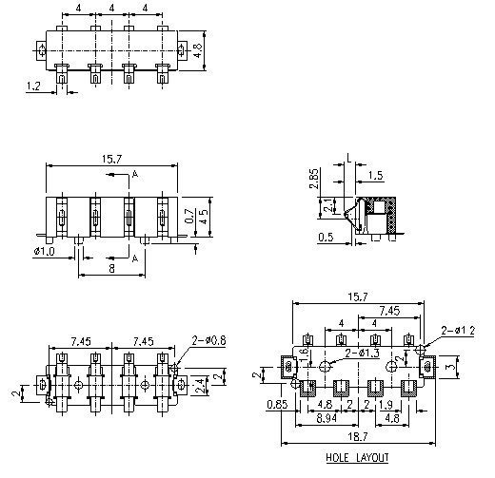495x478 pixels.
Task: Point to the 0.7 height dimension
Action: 189,217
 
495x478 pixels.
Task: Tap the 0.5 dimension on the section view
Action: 326,238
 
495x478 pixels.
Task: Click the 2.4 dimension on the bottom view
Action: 198,385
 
